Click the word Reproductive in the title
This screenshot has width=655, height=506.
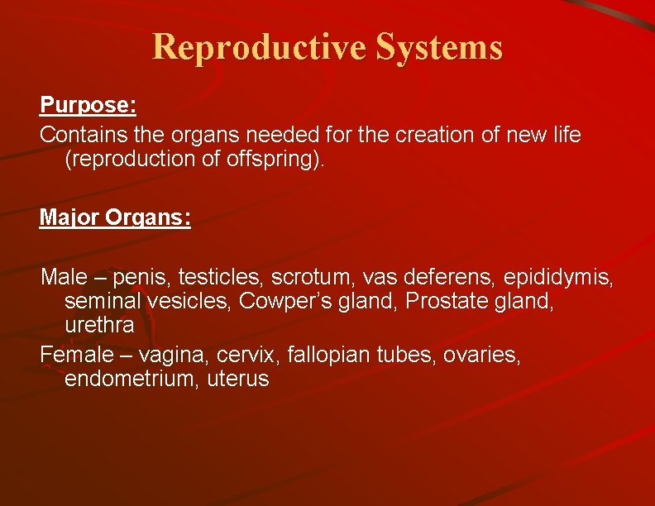(x=260, y=47)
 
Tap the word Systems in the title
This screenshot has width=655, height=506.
(x=439, y=47)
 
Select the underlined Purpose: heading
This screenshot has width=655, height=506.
(x=88, y=106)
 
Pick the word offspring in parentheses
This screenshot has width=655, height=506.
(x=270, y=160)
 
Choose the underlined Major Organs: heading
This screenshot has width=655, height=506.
(x=115, y=217)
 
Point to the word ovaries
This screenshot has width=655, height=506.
(x=481, y=354)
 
